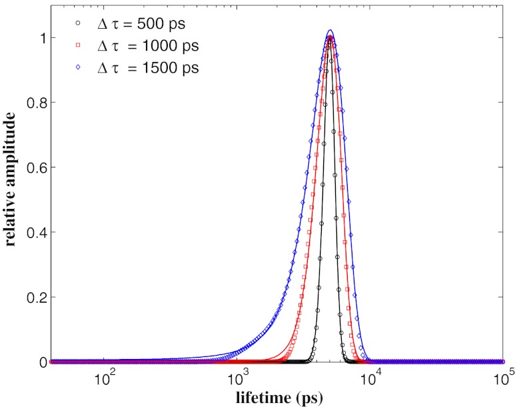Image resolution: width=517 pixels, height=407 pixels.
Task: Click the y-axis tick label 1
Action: pos(41,37)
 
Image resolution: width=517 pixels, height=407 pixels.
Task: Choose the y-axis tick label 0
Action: pos(41,361)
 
